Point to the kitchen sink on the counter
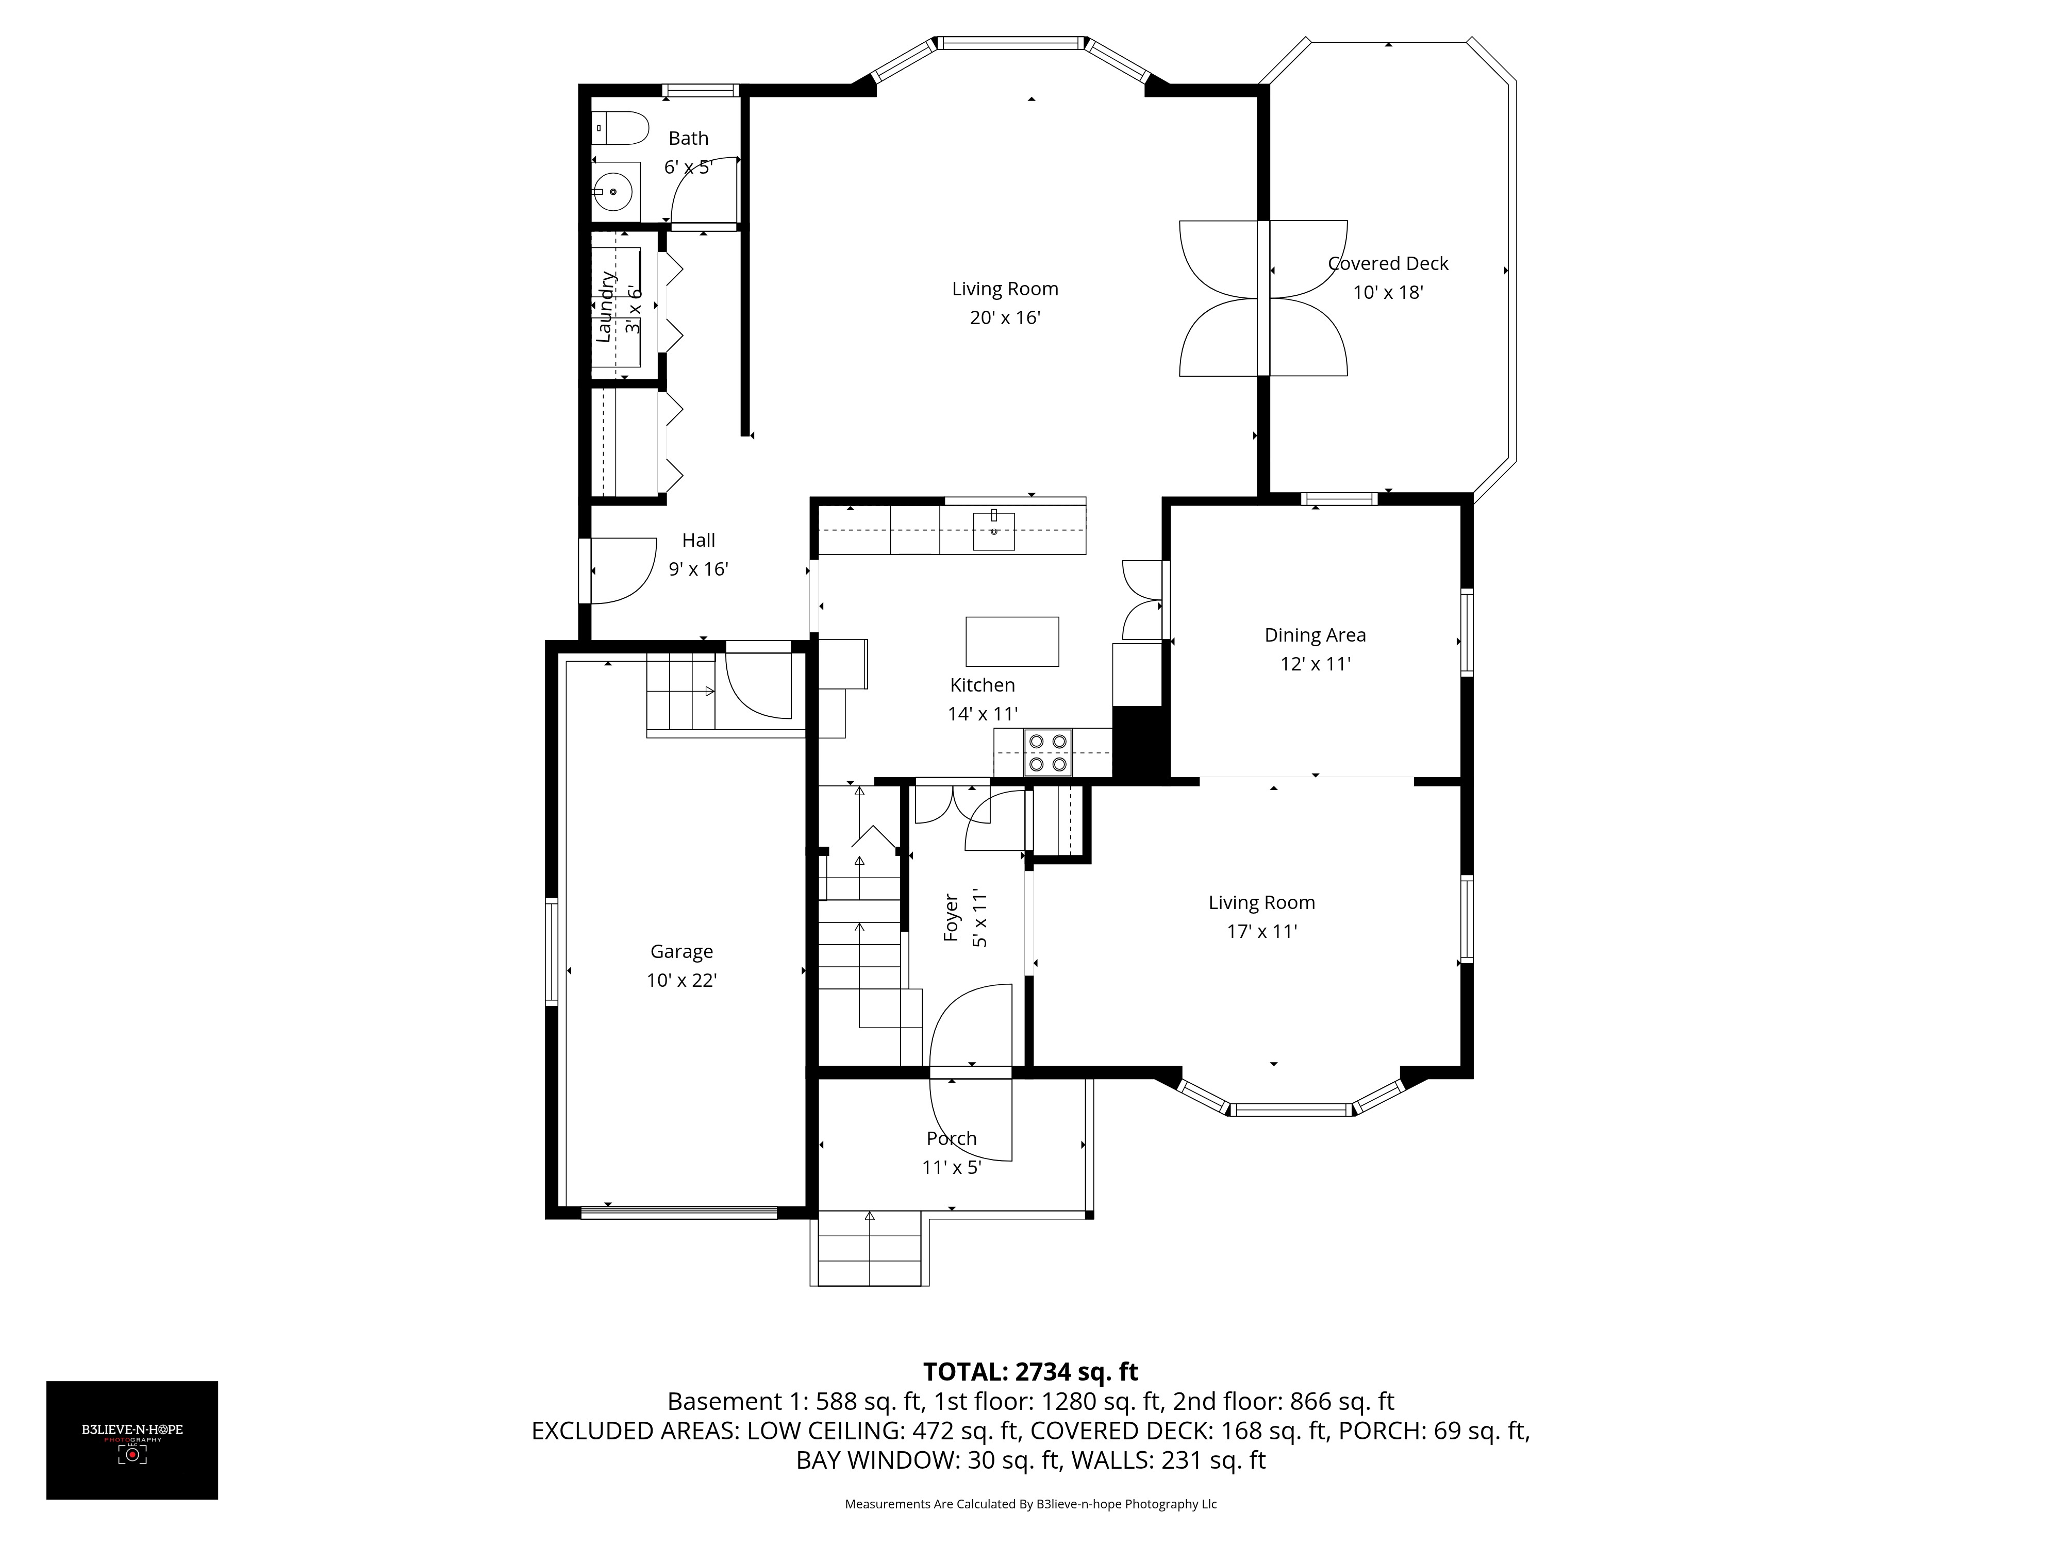coord(994,531)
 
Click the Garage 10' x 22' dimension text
coord(681,980)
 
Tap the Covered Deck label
coord(1388,264)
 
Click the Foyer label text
coord(951,918)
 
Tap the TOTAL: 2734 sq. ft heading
coord(1030,1372)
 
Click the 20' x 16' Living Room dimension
coord(1005,318)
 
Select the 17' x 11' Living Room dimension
coord(1261,931)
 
